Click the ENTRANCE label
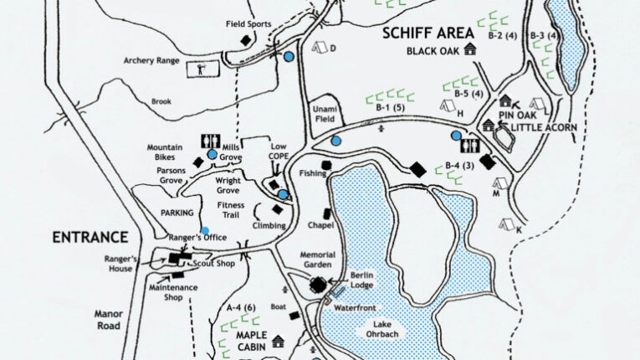90,238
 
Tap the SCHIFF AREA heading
428,33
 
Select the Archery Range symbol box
202,69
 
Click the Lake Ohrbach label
382,329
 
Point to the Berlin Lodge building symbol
318,285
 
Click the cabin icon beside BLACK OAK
470,49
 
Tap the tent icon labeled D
320,48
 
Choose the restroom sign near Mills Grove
211,141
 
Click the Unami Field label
325,114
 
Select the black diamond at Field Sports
245,41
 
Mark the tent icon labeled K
507,224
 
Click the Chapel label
320,225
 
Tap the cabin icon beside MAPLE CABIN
278,342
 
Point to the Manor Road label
108,320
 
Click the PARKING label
177,213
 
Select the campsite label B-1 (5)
390,107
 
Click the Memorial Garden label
318,260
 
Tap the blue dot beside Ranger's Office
205,231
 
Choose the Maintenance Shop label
173,292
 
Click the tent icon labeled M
500,183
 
